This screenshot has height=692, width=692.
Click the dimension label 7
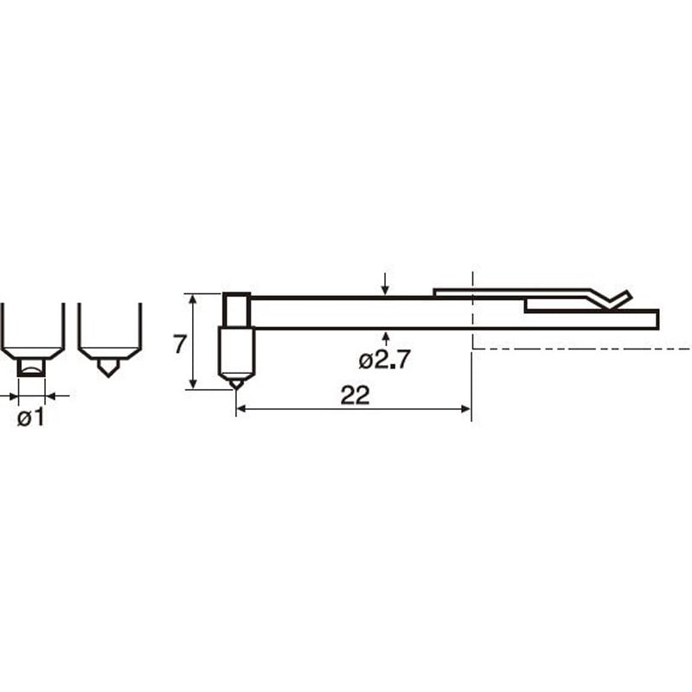180,344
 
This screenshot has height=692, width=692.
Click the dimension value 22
355,395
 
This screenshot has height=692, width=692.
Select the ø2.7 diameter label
384,360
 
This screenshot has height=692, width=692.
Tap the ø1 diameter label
31,418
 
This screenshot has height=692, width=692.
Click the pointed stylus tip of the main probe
236,388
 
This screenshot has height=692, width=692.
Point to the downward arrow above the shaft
385,284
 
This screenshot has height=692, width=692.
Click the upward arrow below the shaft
386,339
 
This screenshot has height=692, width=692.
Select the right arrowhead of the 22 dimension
466,409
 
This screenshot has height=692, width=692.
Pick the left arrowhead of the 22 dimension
242,409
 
